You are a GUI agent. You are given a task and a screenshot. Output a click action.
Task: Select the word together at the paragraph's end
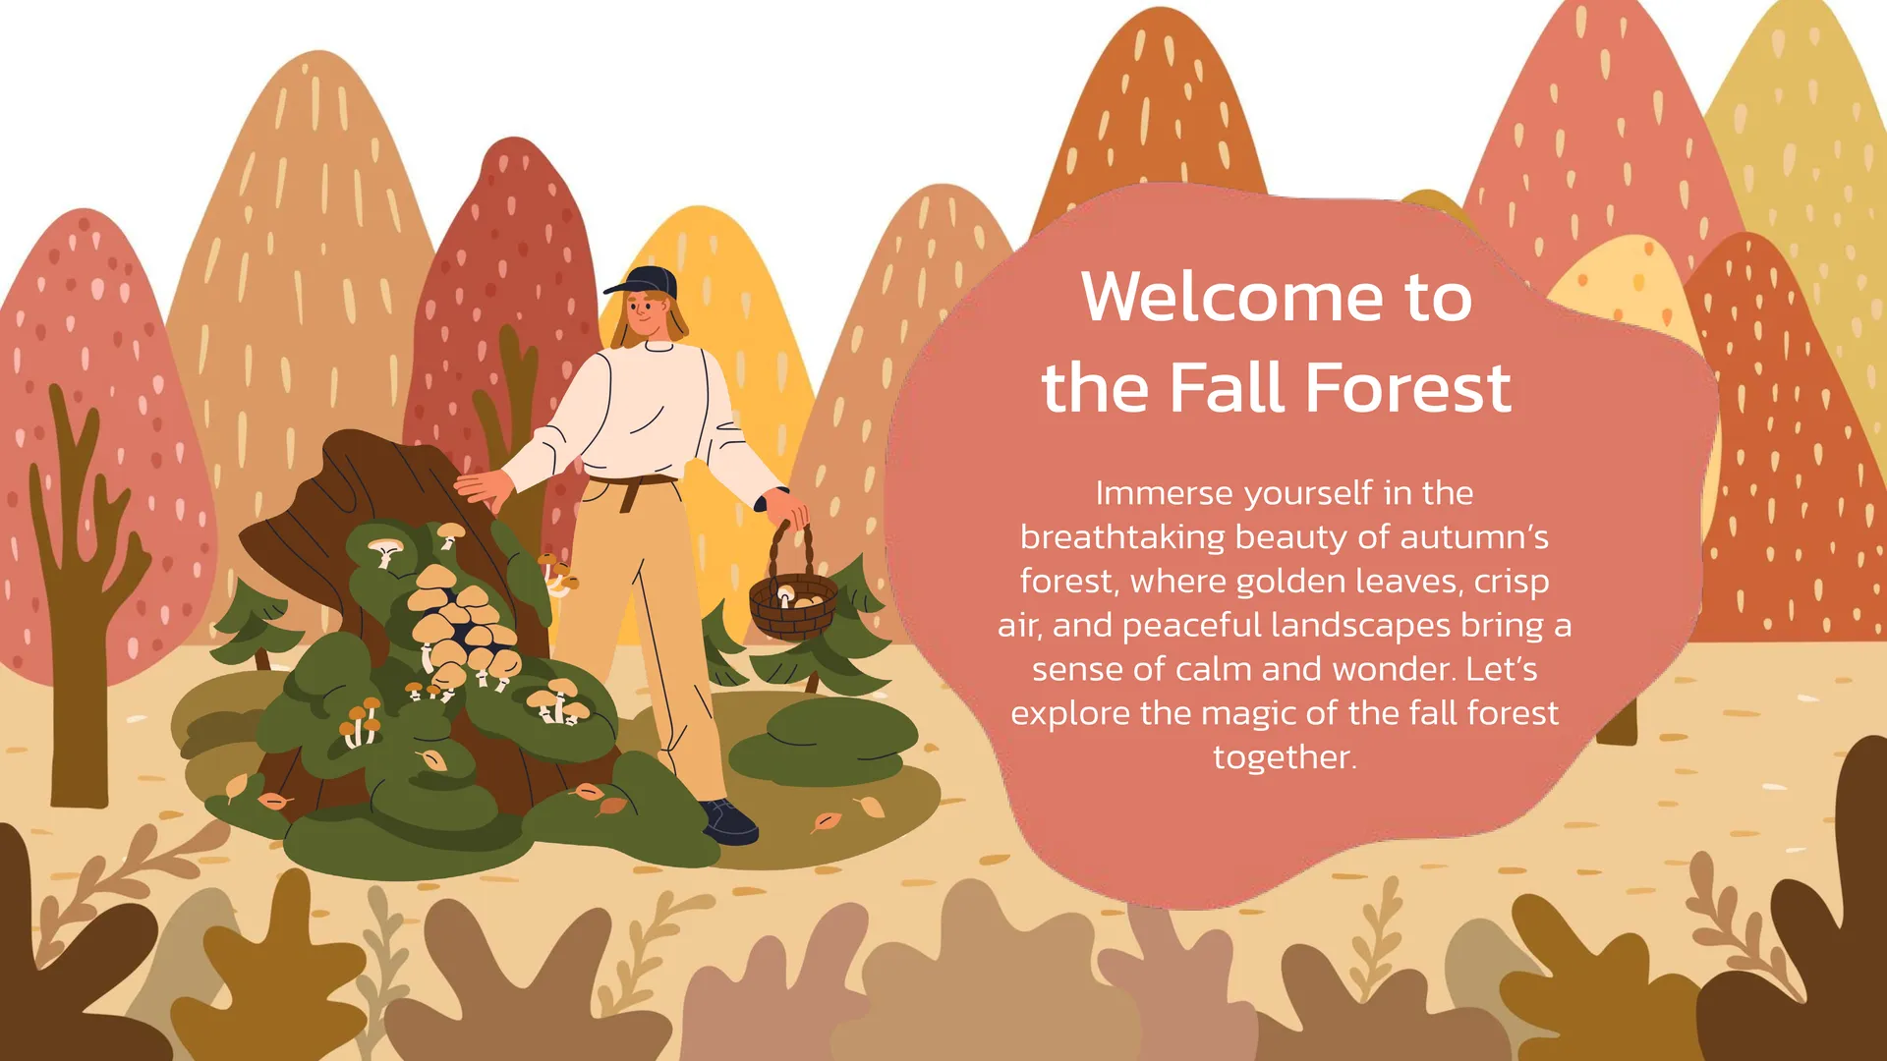coord(1285,756)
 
